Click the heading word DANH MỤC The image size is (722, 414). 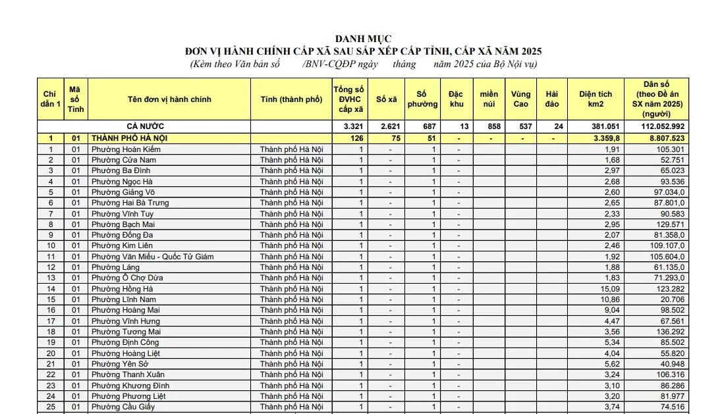coord(363,39)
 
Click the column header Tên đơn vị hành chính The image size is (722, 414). coord(169,99)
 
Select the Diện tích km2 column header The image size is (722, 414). coord(596,99)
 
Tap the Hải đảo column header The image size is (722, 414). coord(552,99)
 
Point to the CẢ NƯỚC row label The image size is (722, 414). coord(145,126)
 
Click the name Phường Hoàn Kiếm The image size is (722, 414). coord(126,149)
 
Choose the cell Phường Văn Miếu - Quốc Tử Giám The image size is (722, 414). coord(152,257)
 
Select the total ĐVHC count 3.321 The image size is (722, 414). coord(354,126)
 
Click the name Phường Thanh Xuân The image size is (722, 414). coord(126,375)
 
